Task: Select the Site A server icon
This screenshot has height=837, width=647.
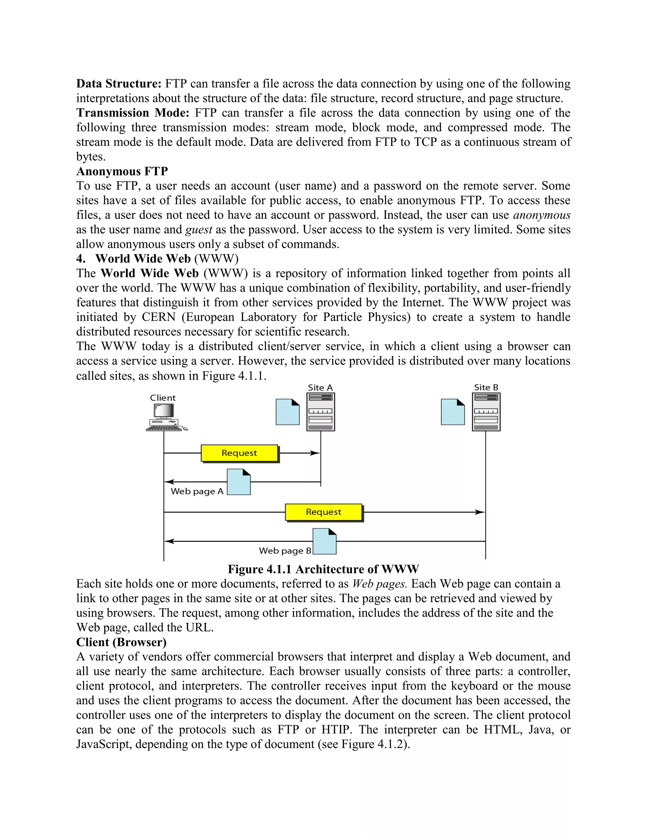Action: click(321, 412)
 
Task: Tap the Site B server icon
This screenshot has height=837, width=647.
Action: click(486, 412)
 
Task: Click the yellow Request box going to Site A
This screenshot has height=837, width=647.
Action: click(239, 453)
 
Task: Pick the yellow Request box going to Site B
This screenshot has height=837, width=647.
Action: click(323, 512)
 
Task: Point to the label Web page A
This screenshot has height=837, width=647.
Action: click(197, 491)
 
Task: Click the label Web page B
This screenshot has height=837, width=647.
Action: click(285, 551)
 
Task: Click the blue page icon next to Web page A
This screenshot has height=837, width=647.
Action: click(239, 482)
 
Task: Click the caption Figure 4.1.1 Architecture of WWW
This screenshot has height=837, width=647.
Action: click(323, 569)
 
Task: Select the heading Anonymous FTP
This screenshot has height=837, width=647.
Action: click(122, 171)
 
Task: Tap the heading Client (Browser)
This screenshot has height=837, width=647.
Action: click(121, 642)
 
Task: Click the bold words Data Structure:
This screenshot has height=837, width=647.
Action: click(119, 84)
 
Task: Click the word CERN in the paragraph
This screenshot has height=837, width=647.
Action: click(158, 317)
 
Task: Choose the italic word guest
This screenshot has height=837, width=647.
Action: click(198, 230)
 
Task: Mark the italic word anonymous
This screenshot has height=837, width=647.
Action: click(541, 215)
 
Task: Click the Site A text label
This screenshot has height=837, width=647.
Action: click(320, 388)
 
